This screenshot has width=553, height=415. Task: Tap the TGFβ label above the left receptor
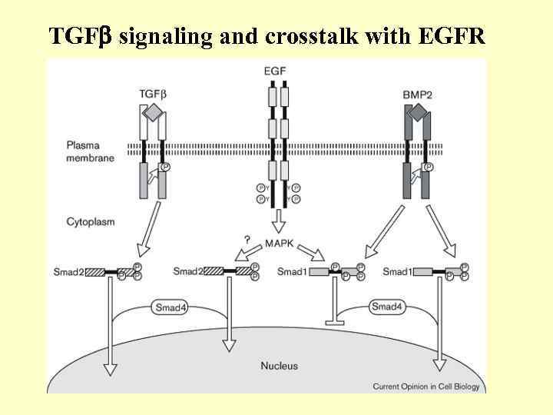(x=152, y=94)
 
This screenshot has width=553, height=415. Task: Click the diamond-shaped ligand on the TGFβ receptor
(x=153, y=112)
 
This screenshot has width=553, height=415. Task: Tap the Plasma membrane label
(x=90, y=151)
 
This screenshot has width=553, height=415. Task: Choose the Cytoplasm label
(x=91, y=221)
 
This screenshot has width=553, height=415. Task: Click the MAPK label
(x=280, y=244)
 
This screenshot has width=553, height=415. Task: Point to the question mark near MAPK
(x=247, y=240)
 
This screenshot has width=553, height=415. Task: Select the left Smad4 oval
(x=169, y=307)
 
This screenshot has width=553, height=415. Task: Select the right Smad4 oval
(x=386, y=307)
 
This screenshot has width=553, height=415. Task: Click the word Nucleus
(x=279, y=366)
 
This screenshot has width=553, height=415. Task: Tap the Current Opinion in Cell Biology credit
(x=426, y=386)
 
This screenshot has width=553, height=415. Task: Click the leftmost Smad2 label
(x=68, y=271)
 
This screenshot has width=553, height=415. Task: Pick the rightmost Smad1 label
(x=397, y=271)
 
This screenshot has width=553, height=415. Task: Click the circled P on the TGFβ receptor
(x=164, y=167)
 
